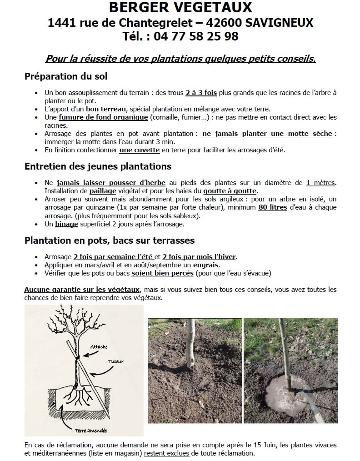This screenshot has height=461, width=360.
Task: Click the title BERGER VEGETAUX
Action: [x=180, y=8]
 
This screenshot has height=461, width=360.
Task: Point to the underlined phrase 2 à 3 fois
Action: [x=201, y=92]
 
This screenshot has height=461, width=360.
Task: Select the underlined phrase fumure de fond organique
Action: [x=103, y=117]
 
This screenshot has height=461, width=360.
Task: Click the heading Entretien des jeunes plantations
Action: [x=98, y=166]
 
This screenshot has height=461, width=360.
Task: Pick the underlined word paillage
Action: [x=103, y=191]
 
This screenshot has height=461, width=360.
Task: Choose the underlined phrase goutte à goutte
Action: [x=230, y=191]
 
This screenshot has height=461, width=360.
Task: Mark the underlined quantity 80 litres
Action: [x=273, y=207]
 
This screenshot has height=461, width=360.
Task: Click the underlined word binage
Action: [x=67, y=224]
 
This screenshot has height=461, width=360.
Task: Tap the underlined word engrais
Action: [x=206, y=265]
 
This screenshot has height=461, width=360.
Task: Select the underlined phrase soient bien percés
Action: [x=163, y=273]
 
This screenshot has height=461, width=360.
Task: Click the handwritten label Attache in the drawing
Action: [x=99, y=346]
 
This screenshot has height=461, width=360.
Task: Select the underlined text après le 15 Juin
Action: [x=248, y=445]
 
